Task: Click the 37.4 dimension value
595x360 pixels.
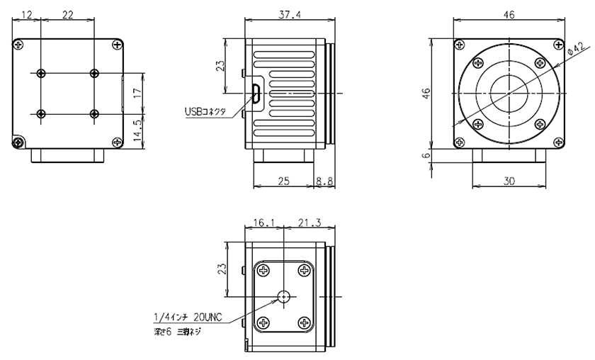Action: point(289,15)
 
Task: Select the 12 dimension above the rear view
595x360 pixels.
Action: point(28,15)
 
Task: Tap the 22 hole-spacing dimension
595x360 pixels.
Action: point(68,15)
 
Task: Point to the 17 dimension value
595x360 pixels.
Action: point(137,92)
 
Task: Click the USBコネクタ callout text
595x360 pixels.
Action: point(205,111)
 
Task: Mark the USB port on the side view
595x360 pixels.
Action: point(256,93)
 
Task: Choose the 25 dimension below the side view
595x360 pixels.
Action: point(283,181)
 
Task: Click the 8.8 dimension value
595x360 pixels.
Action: point(325,181)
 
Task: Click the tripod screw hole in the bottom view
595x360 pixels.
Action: point(284,297)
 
